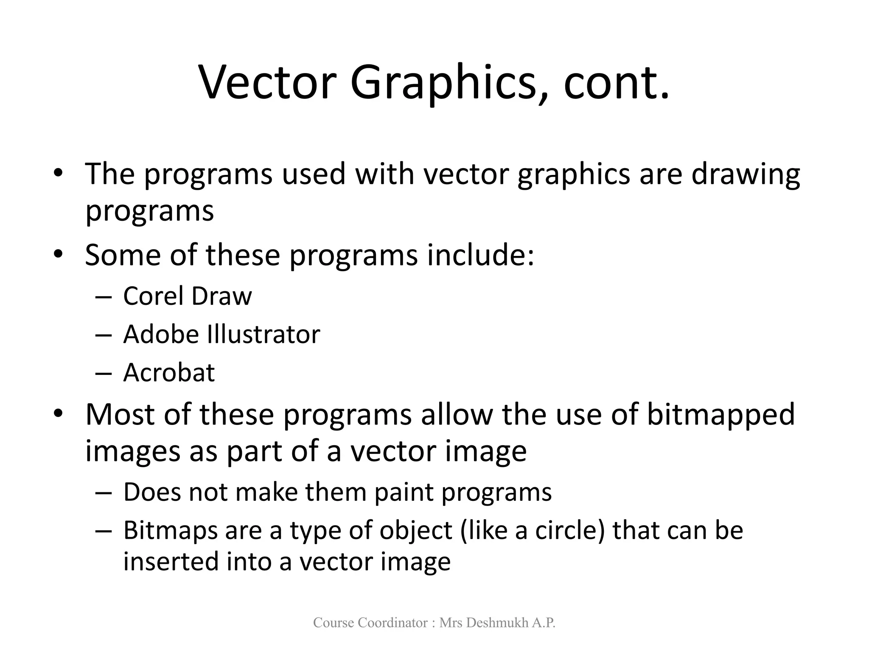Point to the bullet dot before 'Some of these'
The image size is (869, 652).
coord(58,254)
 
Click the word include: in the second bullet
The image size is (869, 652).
coord(480,255)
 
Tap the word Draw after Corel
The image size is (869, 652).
coord(221,296)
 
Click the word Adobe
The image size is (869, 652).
coord(161,334)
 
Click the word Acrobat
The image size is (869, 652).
coord(169,373)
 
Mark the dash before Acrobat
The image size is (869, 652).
coord(104,374)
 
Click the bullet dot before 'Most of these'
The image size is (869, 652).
coord(58,413)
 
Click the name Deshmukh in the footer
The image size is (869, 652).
coord(492,623)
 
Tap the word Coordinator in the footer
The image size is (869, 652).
coord(393,623)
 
